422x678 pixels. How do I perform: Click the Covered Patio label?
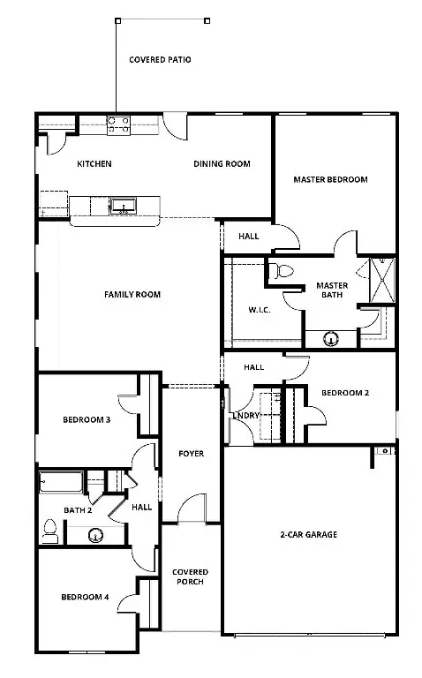pyautogui.click(x=160, y=60)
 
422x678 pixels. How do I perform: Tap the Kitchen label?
pyautogui.click(x=94, y=163)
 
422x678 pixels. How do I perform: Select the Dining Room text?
pyautogui.click(x=222, y=163)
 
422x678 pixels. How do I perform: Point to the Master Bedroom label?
pyautogui.click(x=330, y=179)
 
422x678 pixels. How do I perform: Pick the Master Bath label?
pyautogui.click(x=332, y=290)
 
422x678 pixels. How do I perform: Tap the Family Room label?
pyautogui.click(x=132, y=294)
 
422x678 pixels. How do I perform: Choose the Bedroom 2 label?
pyautogui.click(x=344, y=393)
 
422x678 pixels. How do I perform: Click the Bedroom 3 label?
pyautogui.click(x=86, y=420)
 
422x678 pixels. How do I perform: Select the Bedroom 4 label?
pyautogui.click(x=85, y=598)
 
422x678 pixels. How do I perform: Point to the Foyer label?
pyautogui.click(x=191, y=454)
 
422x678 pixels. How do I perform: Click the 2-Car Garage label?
pyautogui.click(x=308, y=534)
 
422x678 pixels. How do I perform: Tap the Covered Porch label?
pyautogui.click(x=190, y=576)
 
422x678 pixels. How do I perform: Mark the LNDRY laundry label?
pyautogui.click(x=245, y=417)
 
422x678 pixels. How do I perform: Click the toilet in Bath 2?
pyautogui.click(x=51, y=530)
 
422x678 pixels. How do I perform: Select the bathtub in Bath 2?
pyautogui.click(x=60, y=483)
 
